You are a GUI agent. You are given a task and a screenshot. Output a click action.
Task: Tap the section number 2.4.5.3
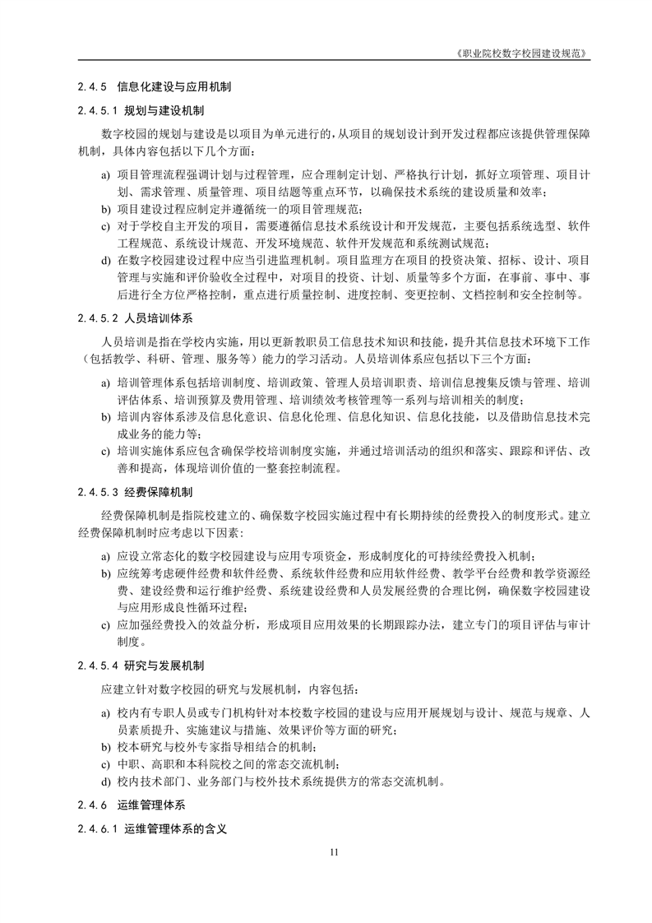tap(99, 493)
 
